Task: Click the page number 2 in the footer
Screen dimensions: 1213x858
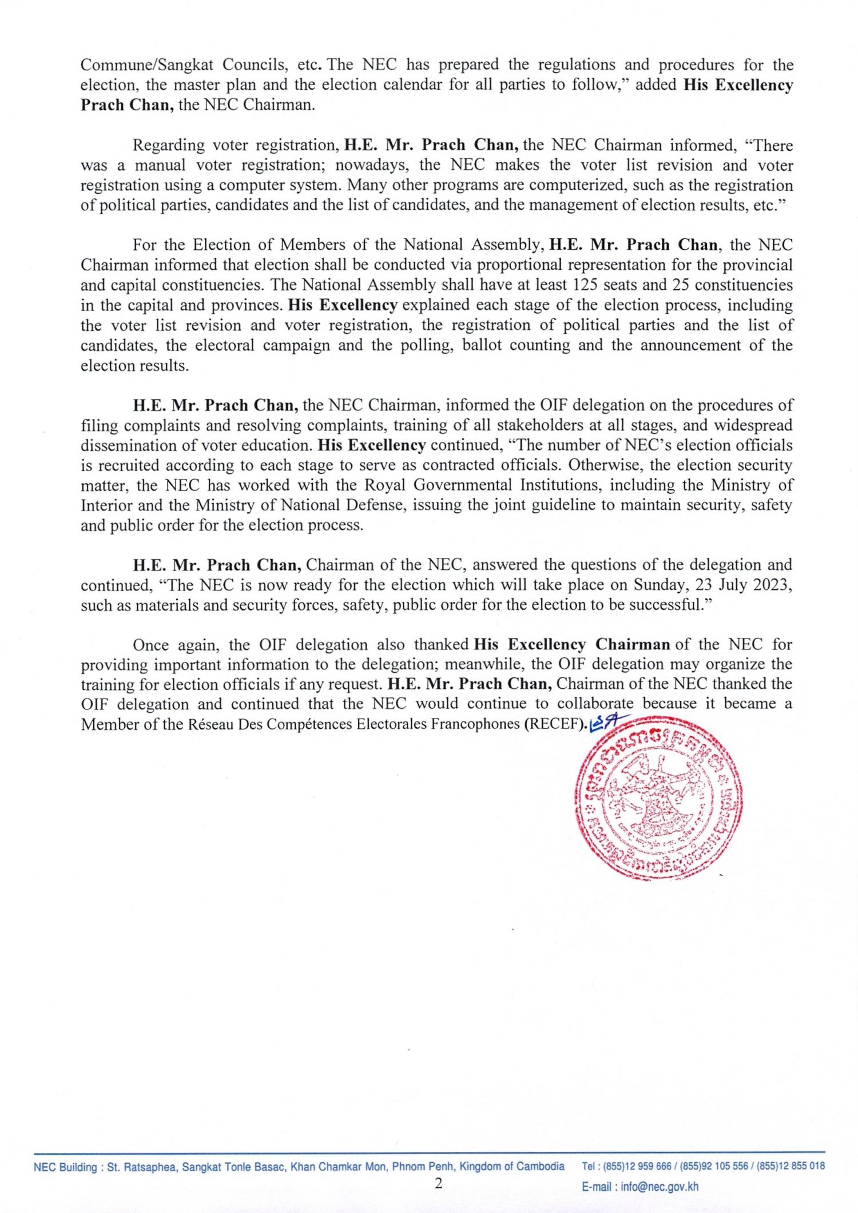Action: pos(438,1183)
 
